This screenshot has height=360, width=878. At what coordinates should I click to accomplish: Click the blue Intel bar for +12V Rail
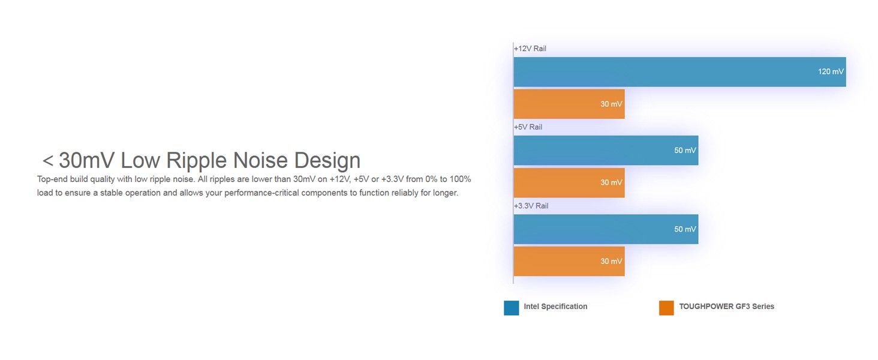tap(679, 72)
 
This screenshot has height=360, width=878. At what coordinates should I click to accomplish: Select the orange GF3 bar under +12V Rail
tap(569, 104)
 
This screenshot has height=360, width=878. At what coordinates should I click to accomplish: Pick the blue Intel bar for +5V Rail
tap(606, 150)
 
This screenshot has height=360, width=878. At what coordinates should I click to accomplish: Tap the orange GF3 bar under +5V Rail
tap(569, 183)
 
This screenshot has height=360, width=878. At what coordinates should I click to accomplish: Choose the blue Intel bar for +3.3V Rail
tap(606, 229)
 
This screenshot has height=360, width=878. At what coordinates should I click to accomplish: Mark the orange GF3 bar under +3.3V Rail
tap(569, 261)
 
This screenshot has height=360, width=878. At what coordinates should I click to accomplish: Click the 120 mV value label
tap(831, 71)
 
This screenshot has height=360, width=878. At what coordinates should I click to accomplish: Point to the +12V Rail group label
tap(530, 49)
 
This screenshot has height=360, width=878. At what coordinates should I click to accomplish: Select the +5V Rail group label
tap(528, 127)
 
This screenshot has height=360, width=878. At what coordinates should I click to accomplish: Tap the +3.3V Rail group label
tap(531, 206)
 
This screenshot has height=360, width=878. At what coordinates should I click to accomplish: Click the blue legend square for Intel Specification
tap(511, 308)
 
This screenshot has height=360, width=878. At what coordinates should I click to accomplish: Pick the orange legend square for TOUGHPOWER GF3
tap(666, 308)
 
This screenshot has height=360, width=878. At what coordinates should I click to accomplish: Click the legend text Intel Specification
tap(555, 307)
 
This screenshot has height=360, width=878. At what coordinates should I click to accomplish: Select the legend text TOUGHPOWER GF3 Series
tap(727, 307)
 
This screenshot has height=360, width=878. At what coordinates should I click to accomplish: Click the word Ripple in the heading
tap(197, 161)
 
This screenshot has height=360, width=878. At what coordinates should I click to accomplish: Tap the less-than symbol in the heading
tap(48, 161)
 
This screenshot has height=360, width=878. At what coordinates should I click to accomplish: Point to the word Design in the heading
tap(327, 161)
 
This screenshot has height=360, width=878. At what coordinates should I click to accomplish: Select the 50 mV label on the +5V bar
tap(685, 150)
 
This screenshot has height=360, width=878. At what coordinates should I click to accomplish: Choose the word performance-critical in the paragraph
tap(261, 193)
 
